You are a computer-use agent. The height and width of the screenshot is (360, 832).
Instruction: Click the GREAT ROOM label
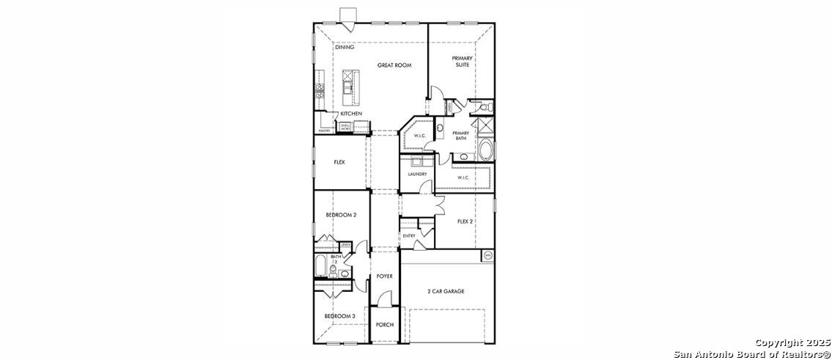click(x=394, y=65)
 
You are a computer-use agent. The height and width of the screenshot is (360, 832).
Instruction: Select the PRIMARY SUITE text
click(x=462, y=62)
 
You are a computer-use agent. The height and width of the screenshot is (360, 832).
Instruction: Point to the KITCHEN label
click(x=350, y=114)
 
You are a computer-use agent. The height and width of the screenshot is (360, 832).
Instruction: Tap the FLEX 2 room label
click(x=465, y=221)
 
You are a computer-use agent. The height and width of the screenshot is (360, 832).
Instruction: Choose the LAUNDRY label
click(x=417, y=174)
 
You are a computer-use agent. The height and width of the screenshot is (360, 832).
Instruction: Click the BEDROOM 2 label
click(x=341, y=215)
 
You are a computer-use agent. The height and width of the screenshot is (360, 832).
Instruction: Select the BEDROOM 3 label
click(x=340, y=316)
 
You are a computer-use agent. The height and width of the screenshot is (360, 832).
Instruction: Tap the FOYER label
click(x=385, y=276)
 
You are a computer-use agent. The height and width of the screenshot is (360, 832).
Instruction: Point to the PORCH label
click(x=385, y=325)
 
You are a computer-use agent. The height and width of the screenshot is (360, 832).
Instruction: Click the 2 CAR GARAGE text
click(x=446, y=291)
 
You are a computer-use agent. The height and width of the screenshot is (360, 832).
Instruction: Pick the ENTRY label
click(x=409, y=235)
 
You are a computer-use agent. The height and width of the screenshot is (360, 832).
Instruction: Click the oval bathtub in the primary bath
click(x=485, y=151)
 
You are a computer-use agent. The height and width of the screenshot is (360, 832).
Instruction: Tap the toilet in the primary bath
click(x=482, y=108)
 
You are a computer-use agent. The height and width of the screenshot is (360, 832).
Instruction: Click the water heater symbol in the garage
click(x=487, y=255)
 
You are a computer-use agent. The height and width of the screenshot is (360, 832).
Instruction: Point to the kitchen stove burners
click(x=320, y=91)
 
